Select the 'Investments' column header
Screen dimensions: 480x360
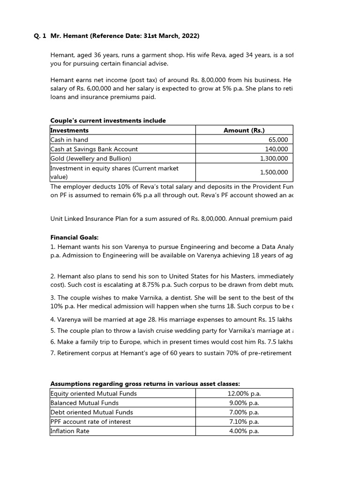click(69, 130)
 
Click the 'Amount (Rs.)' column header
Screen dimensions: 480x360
click(244, 130)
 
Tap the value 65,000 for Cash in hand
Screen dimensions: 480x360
click(278, 140)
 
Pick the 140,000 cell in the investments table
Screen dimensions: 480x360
click(277, 149)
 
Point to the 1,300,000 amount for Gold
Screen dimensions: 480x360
click(274, 158)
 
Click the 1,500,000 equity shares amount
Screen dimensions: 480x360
click(274, 172)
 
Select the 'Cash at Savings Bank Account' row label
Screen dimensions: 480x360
click(94, 149)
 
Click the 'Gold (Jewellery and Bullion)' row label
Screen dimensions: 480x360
click(91, 158)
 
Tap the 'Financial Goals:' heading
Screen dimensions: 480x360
click(75, 238)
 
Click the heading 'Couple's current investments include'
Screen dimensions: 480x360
click(108, 120)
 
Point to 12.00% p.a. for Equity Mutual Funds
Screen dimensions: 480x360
click(243, 394)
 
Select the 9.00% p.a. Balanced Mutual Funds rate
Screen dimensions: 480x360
click(243, 403)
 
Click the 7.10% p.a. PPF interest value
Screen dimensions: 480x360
click(243, 422)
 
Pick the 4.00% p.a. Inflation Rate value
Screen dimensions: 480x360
click(243, 431)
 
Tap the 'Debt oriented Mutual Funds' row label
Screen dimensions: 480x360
click(91, 412)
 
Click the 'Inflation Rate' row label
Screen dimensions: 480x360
click(70, 431)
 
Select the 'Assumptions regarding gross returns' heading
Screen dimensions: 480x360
click(145, 383)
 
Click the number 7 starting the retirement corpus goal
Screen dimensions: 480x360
click(52, 353)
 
